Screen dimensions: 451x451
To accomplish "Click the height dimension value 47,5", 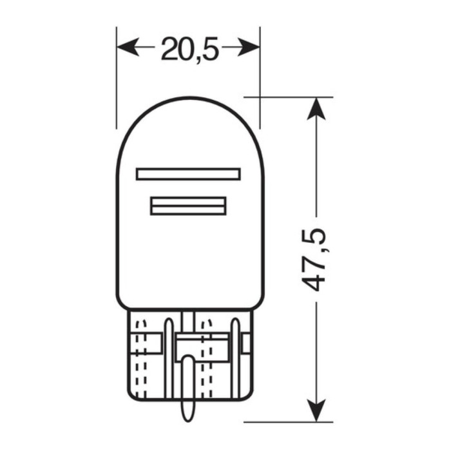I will pos(316,258).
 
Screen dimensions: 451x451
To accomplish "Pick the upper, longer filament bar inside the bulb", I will pos(188,174).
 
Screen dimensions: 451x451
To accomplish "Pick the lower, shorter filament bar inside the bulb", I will pos(188,206).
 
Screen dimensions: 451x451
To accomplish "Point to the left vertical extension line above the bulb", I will pos(117,77).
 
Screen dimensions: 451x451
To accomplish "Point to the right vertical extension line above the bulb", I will pos(260,77).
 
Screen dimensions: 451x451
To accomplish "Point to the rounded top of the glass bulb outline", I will pos(188,99).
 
